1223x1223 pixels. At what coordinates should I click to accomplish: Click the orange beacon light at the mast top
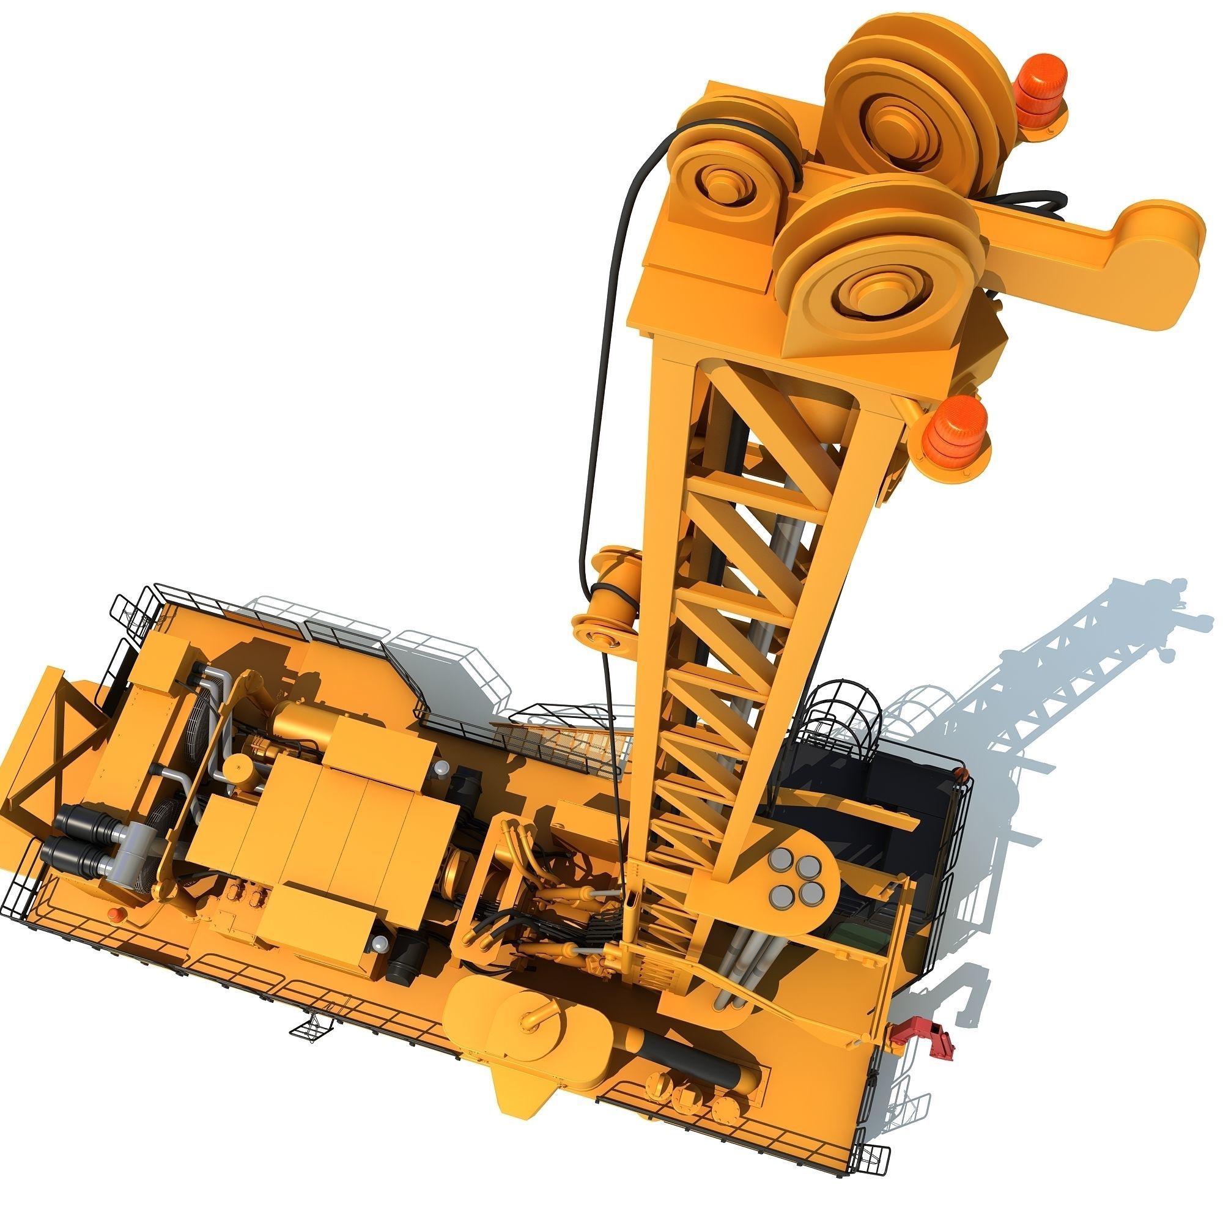coord(1040,85)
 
